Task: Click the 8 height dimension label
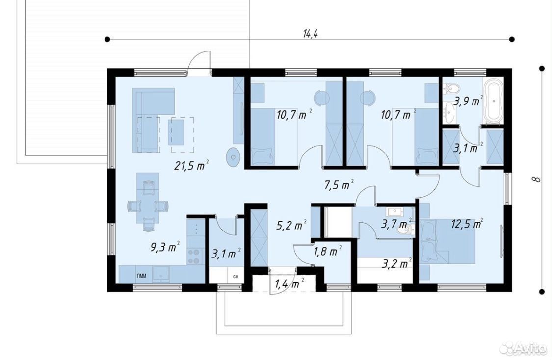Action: click(536, 179)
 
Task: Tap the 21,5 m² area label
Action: click(191, 165)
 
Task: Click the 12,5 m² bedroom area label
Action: click(467, 224)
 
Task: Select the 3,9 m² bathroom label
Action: click(468, 102)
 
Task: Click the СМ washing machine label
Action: click(236, 276)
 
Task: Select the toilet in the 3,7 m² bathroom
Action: click(404, 230)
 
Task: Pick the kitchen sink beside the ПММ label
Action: click(161, 274)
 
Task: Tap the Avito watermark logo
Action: click(525, 350)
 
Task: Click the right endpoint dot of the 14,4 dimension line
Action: click(512, 39)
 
